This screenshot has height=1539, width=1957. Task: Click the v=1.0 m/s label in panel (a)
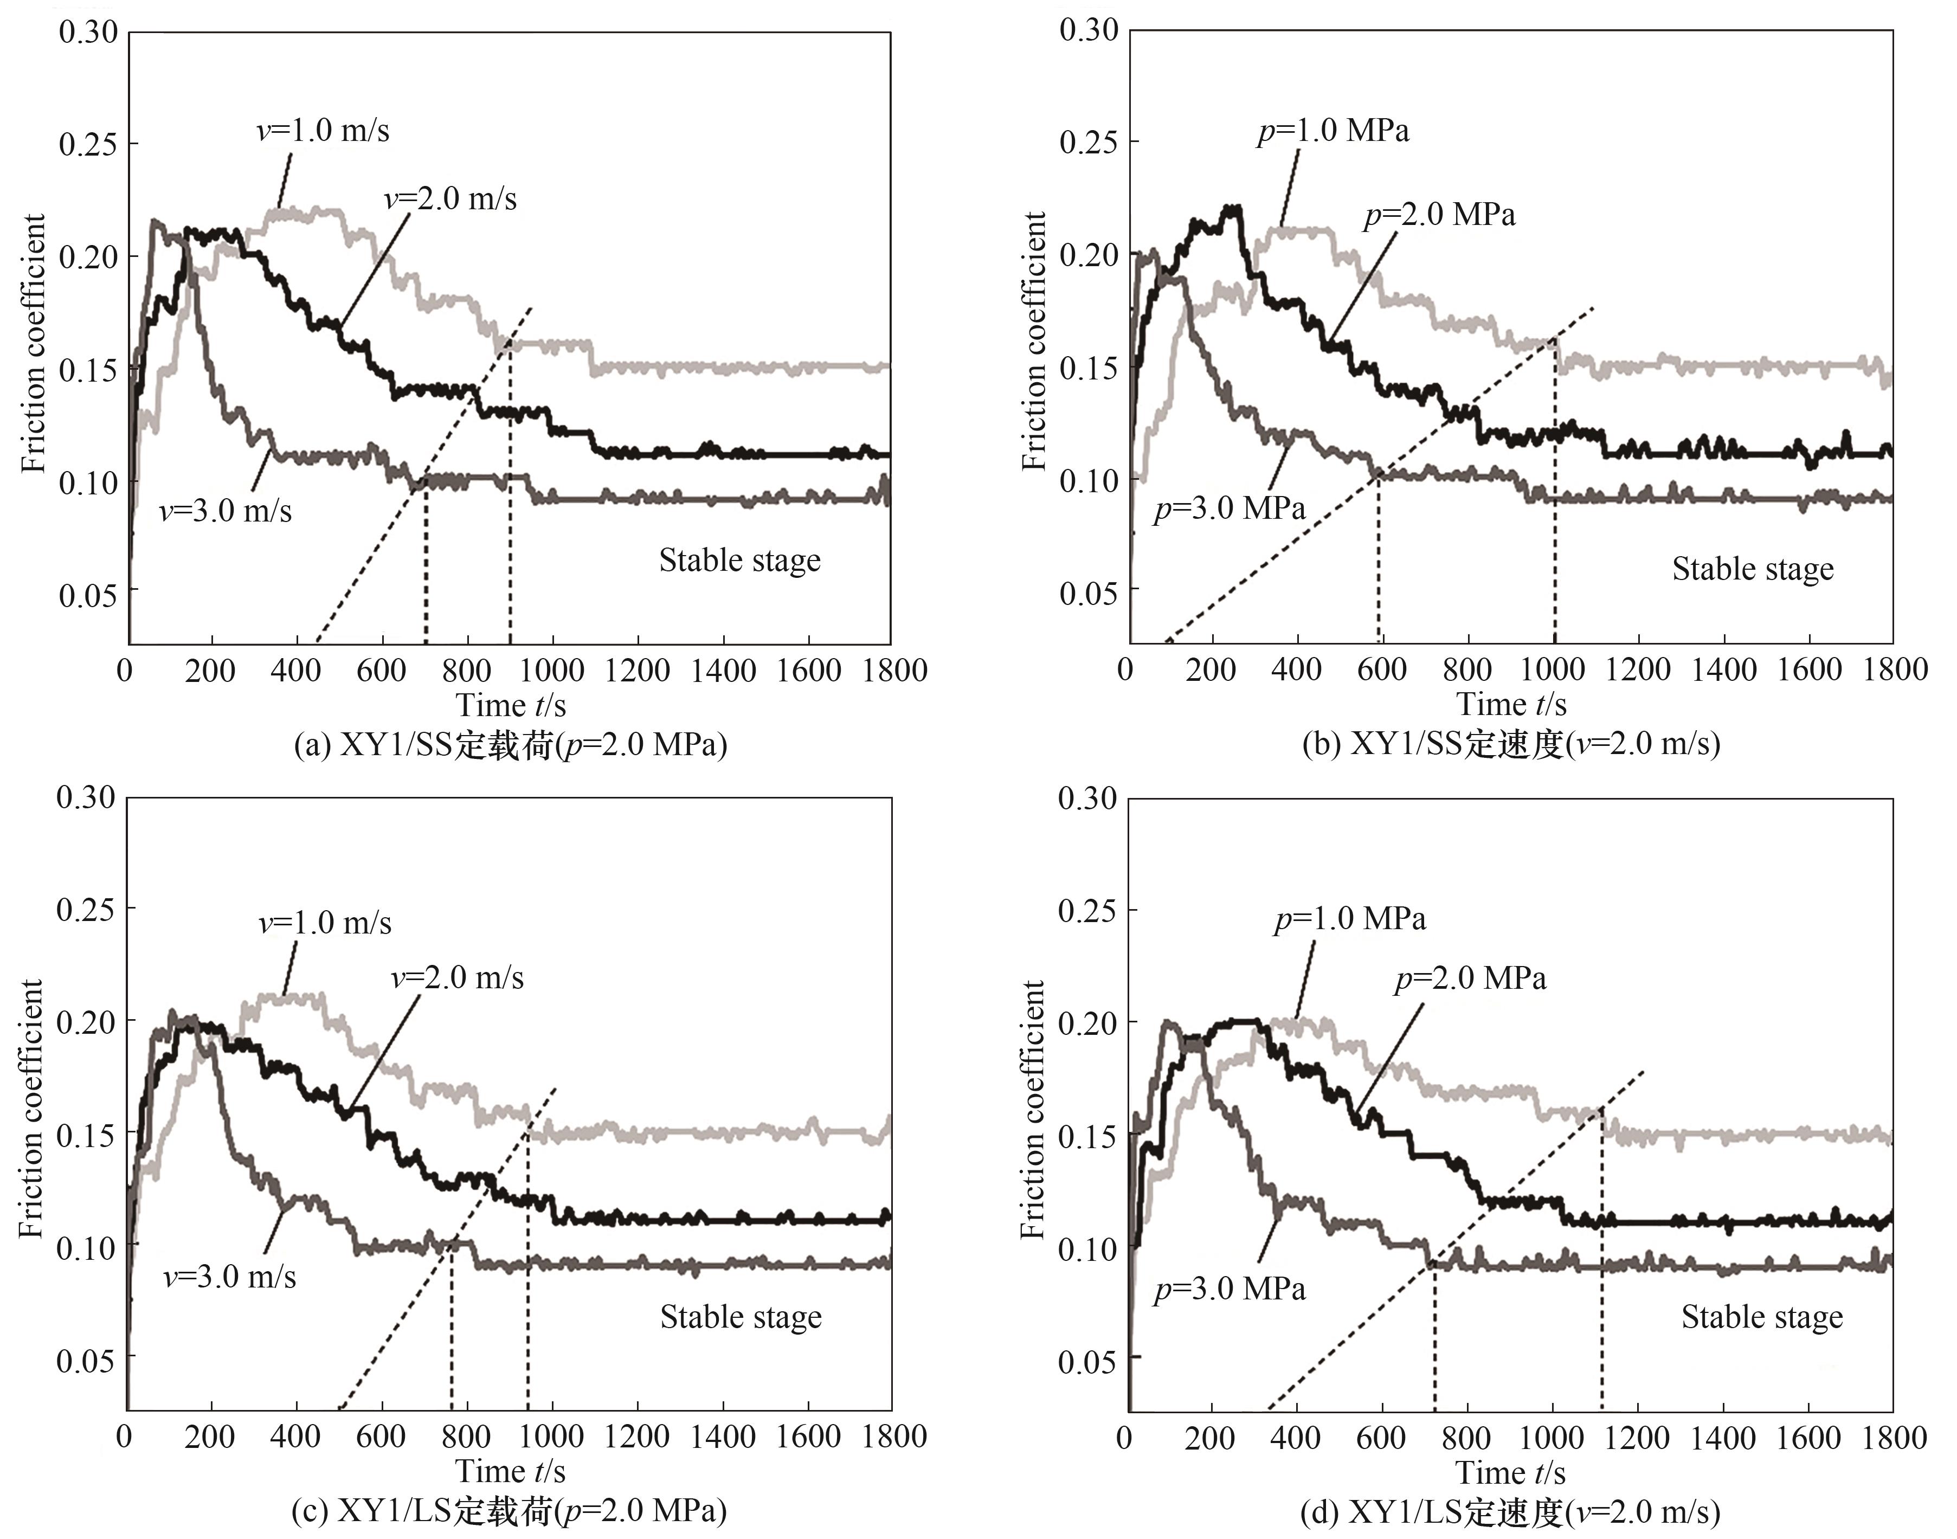(323, 132)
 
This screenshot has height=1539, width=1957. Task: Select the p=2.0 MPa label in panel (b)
(1439, 215)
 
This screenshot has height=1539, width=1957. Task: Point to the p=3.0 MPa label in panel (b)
(1229, 509)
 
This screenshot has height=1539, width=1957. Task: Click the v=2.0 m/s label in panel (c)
(457, 977)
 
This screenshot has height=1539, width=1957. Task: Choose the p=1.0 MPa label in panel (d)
(1350, 919)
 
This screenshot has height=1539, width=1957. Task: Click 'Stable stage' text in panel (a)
(740, 561)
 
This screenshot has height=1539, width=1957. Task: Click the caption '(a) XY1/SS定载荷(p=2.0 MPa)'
(511, 746)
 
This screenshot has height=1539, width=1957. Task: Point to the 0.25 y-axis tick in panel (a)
(88, 144)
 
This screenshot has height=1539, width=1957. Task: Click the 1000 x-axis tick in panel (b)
(1553, 669)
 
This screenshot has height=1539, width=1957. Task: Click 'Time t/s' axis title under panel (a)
(511, 705)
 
